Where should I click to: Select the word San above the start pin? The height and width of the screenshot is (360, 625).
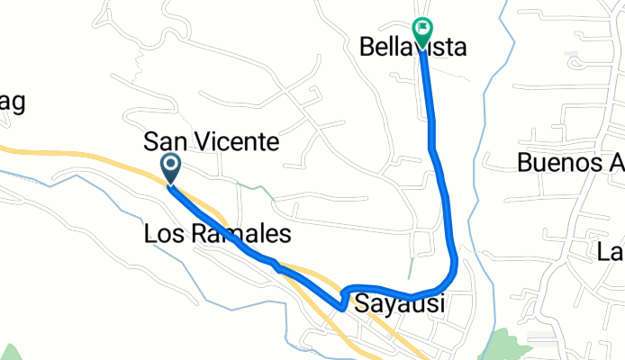(x=165, y=142)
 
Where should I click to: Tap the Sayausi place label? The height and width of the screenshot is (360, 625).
(x=400, y=303)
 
